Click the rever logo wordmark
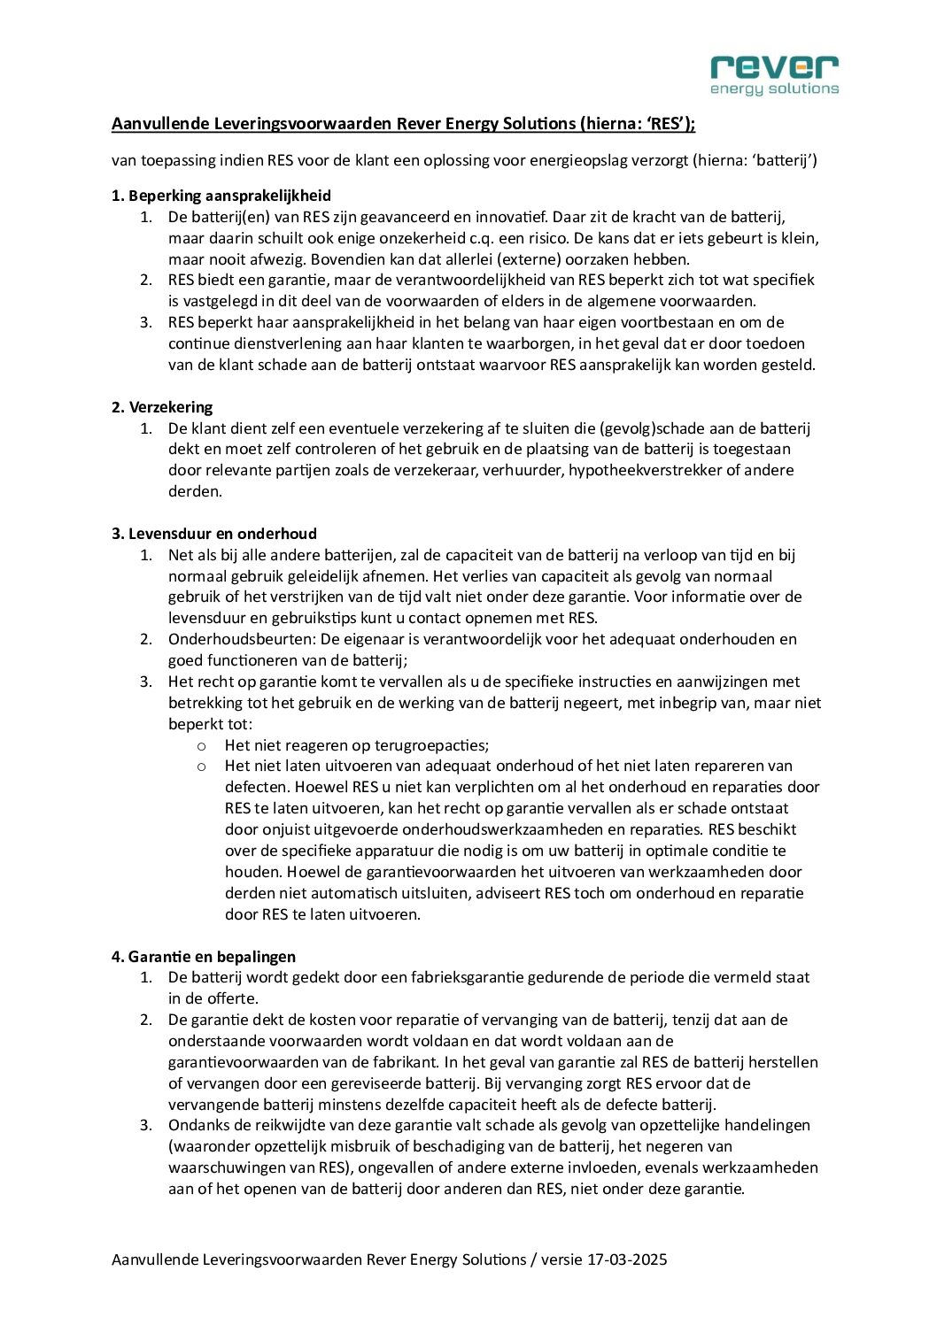tap(774, 66)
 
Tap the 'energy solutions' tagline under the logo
tap(774, 89)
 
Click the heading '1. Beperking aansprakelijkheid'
tap(221, 196)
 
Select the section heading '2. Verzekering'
tap(162, 407)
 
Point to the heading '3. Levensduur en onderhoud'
tap(214, 534)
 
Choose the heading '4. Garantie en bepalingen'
tap(204, 957)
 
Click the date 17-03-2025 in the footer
tap(627, 1260)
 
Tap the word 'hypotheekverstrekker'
tap(645, 470)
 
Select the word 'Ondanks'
tap(196, 1125)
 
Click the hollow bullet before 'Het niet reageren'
tap(202, 745)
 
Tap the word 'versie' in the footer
tap(561, 1260)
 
